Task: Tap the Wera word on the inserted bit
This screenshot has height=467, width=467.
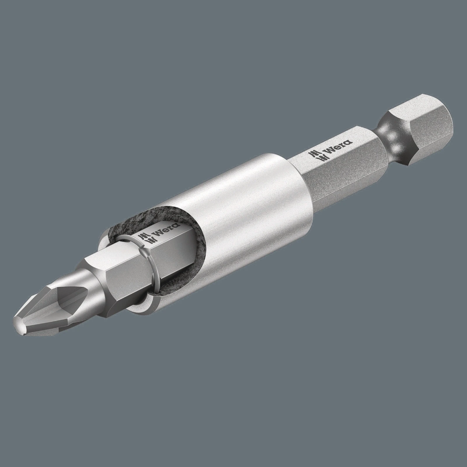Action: [162, 232]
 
